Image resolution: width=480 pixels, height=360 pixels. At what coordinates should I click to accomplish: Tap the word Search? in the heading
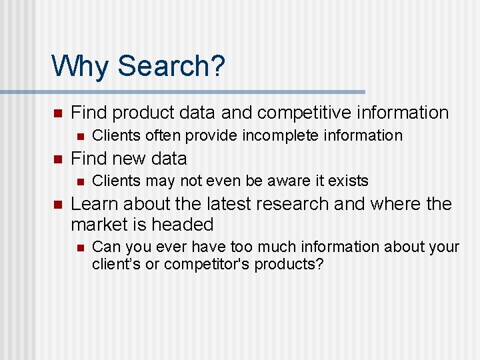click(171, 66)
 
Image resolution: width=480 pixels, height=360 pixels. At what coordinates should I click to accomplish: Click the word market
click(101, 224)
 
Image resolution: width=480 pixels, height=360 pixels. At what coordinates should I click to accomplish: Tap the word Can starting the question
click(105, 247)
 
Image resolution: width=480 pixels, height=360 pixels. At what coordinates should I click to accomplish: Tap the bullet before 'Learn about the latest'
click(57, 204)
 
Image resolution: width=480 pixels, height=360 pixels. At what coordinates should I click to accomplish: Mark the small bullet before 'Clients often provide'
click(80, 136)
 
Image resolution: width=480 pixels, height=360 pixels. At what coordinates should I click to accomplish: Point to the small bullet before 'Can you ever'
click(80, 247)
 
